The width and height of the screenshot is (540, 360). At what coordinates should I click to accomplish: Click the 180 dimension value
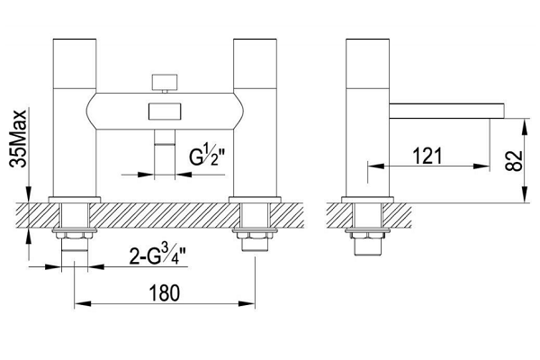(165, 292)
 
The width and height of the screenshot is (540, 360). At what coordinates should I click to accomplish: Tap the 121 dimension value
(427, 156)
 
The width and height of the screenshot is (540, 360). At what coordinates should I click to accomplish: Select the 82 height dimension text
(514, 161)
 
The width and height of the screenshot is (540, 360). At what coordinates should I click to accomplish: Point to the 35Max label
(18, 139)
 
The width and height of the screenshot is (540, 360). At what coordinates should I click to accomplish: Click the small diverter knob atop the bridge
(165, 82)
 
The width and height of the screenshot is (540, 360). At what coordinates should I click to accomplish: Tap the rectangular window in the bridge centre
(165, 112)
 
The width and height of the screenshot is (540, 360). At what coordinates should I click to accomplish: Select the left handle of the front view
(75, 63)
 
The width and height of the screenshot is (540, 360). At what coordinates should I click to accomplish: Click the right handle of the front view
(255, 63)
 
